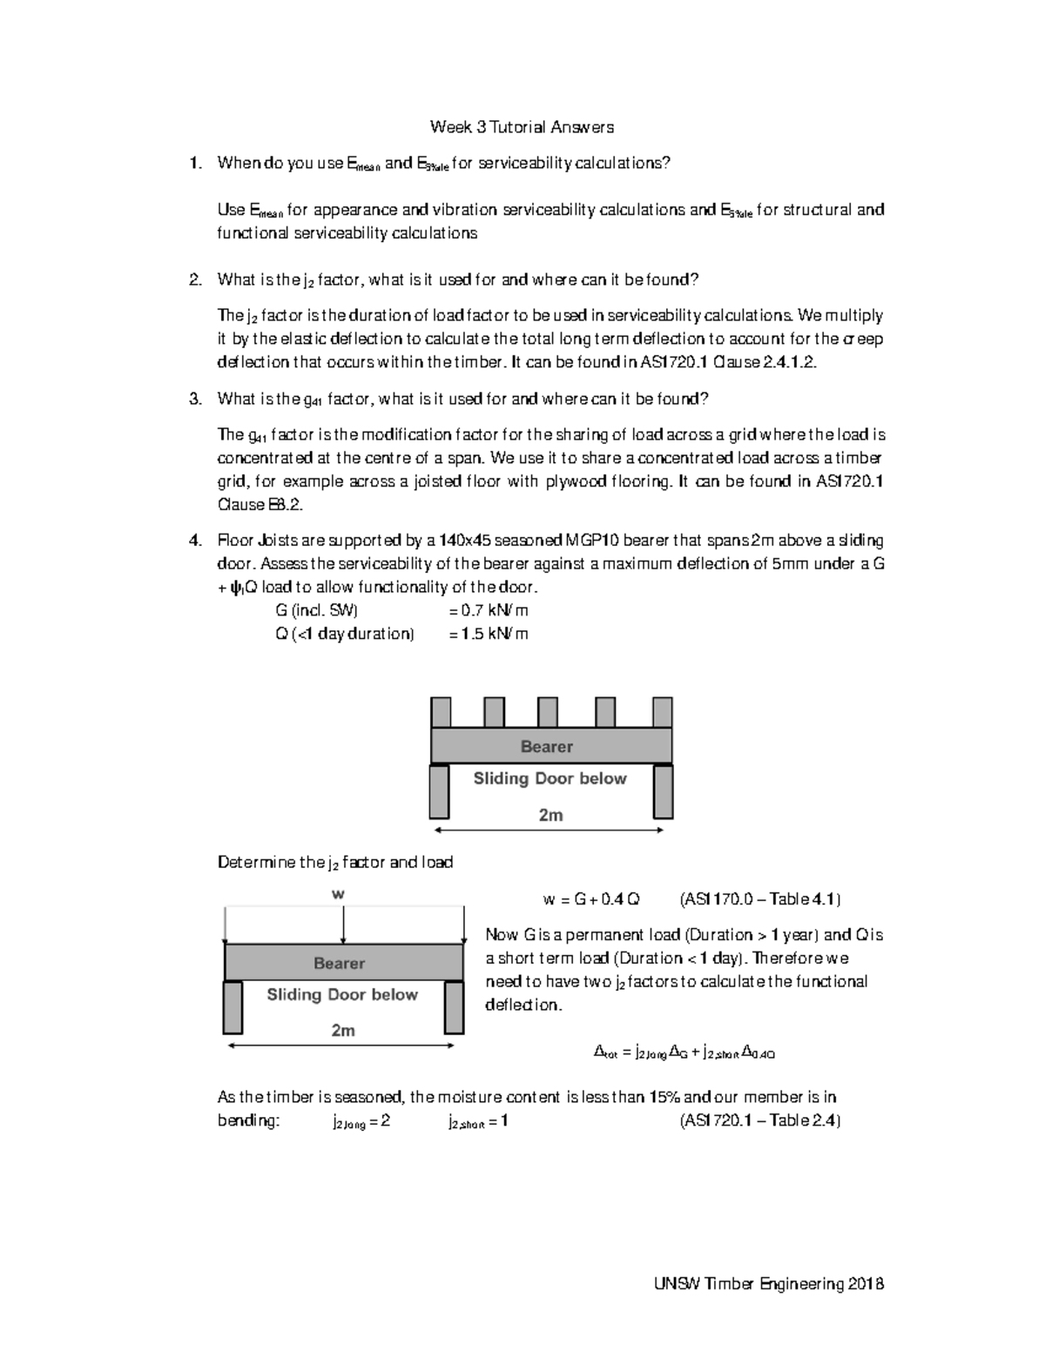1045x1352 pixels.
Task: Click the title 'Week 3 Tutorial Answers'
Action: pos(522,127)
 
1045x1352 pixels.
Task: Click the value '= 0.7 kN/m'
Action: pos(488,610)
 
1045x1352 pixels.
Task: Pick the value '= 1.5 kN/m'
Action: pos(488,634)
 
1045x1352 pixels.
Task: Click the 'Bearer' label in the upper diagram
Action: pos(547,746)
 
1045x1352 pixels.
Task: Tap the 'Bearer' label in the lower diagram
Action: pos(340,963)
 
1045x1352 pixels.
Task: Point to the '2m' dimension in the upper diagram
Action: pos(550,815)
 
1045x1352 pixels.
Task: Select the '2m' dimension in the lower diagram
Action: pos(343,1030)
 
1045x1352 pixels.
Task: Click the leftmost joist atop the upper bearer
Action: pos(441,712)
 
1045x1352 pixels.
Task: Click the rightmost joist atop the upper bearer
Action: pos(662,712)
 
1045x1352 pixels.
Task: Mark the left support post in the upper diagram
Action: pos(439,791)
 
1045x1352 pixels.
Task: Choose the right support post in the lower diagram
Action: pos(453,1007)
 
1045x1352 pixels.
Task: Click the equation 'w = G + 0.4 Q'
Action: pos(590,899)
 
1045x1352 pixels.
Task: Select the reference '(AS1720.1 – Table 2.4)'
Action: pos(759,1120)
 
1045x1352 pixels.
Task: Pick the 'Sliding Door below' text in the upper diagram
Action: pos(549,778)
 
